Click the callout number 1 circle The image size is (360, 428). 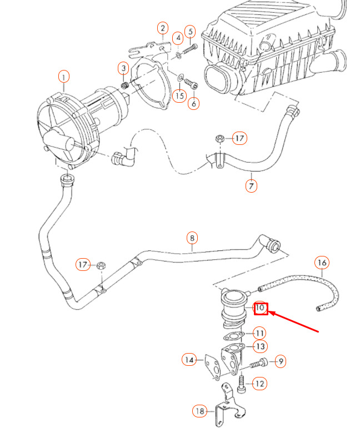(64, 77)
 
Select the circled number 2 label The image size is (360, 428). (163, 28)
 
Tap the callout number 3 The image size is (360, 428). (123, 68)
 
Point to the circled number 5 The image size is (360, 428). (191, 32)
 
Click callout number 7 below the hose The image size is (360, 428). (251, 186)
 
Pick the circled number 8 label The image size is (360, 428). (192, 238)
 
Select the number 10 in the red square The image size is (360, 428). (261, 309)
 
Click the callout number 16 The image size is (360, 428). (322, 263)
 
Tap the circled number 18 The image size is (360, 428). (199, 411)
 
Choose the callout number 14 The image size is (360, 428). (189, 360)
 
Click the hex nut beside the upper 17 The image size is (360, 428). (219, 138)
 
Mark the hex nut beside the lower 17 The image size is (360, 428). (101, 265)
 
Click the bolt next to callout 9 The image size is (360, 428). (258, 363)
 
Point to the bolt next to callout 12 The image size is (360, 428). (242, 384)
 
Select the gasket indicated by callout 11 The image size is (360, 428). (233, 336)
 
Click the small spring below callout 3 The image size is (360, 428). (125, 85)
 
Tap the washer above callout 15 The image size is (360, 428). (180, 78)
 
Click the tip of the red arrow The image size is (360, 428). (269, 313)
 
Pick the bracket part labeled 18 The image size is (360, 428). (229, 405)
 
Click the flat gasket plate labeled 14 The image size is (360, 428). (213, 367)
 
